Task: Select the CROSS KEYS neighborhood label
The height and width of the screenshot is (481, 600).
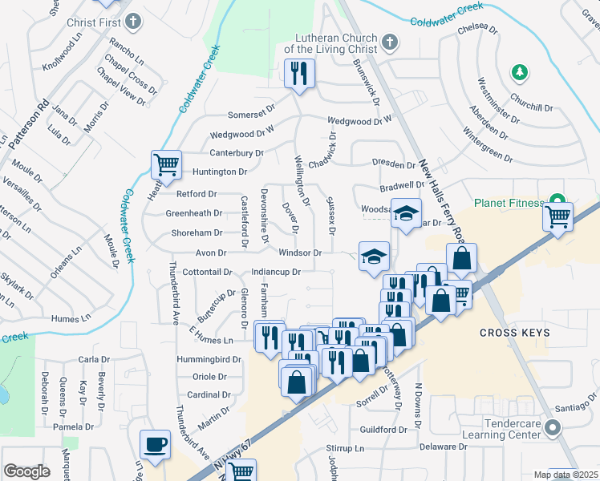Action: pos(514,333)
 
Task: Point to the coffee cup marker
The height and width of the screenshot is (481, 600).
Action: pos(155,444)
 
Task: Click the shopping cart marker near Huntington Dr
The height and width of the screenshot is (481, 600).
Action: pos(166,165)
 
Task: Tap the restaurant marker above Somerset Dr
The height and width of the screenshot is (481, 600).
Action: pos(299,75)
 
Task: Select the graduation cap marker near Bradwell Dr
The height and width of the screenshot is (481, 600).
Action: pos(406,214)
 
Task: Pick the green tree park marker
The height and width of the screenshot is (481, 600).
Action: pos(520,73)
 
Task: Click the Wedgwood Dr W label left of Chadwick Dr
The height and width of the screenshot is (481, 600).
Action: pos(242,135)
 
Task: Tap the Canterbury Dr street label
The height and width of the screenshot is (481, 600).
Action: pos(237,153)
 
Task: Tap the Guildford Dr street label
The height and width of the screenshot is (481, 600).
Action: pos(383,430)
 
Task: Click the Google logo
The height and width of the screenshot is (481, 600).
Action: pos(26,471)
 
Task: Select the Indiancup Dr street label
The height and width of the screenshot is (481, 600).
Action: pos(275,272)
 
